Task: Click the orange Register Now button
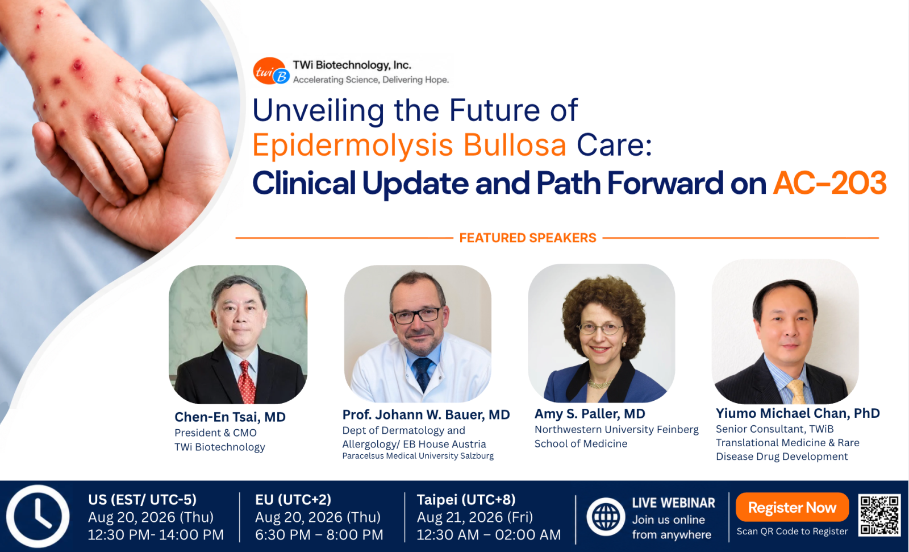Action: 792,507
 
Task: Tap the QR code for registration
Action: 879,514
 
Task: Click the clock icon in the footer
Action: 38,516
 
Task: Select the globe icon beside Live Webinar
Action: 606,517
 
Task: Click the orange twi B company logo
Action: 271,71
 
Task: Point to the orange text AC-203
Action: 829,183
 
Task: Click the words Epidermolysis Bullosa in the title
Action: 409,145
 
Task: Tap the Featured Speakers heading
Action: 528,238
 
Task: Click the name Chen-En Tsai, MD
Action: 230,417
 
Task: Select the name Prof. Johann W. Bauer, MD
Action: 426,415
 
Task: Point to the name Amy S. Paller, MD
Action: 590,414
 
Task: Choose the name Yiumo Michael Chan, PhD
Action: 798,413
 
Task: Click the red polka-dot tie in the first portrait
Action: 247,382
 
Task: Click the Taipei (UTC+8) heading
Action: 466,500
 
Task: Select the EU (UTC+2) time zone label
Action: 293,500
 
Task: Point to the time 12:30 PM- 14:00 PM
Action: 156,535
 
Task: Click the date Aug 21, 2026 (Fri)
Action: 475,517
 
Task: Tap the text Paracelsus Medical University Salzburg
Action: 418,456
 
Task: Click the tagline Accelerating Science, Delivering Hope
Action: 371,80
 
